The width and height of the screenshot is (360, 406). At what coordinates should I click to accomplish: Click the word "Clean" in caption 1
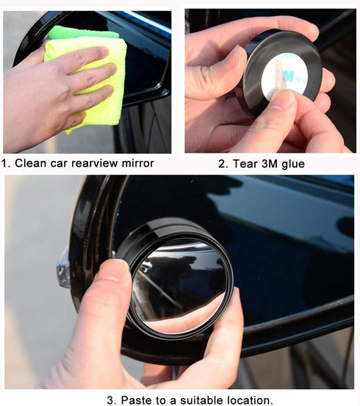(x=31, y=163)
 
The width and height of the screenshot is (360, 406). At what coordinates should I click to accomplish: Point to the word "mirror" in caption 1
(x=139, y=163)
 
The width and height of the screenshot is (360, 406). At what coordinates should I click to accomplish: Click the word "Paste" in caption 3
(x=135, y=400)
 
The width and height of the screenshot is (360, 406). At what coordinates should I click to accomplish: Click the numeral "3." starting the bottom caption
(x=110, y=400)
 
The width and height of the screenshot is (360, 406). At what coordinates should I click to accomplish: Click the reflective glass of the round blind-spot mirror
(x=180, y=283)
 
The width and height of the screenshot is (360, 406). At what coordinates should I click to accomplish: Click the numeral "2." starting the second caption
(x=223, y=164)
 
